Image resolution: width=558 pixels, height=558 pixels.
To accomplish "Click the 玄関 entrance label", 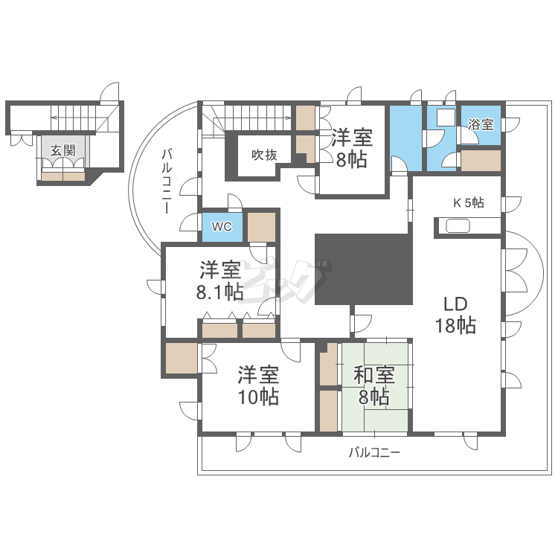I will click(62, 150).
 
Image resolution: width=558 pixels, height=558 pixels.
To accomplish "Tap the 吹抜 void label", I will click(263, 155).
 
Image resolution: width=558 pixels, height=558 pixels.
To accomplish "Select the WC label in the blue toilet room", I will click(222, 226).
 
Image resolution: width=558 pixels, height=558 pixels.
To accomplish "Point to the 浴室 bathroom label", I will click(481, 124).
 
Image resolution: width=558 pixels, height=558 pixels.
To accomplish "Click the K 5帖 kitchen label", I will click(469, 202).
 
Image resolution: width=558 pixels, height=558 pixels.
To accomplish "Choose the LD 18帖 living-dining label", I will click(455, 315).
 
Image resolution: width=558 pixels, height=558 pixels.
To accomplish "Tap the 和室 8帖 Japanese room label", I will click(373, 386).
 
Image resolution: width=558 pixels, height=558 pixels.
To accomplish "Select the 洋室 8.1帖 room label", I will click(219, 280).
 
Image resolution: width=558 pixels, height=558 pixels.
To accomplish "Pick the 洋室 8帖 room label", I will click(349, 148).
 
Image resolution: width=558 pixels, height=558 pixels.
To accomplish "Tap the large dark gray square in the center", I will click(363, 269).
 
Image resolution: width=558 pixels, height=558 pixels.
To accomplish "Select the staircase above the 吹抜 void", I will click(253, 117).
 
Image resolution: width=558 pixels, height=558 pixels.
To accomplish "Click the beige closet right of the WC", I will click(261, 226).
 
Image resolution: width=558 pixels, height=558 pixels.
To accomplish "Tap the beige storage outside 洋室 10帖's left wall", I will click(181, 358).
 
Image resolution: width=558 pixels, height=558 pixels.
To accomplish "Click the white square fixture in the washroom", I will click(444, 118).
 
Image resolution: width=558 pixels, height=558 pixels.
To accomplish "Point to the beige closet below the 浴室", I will click(480, 161).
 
